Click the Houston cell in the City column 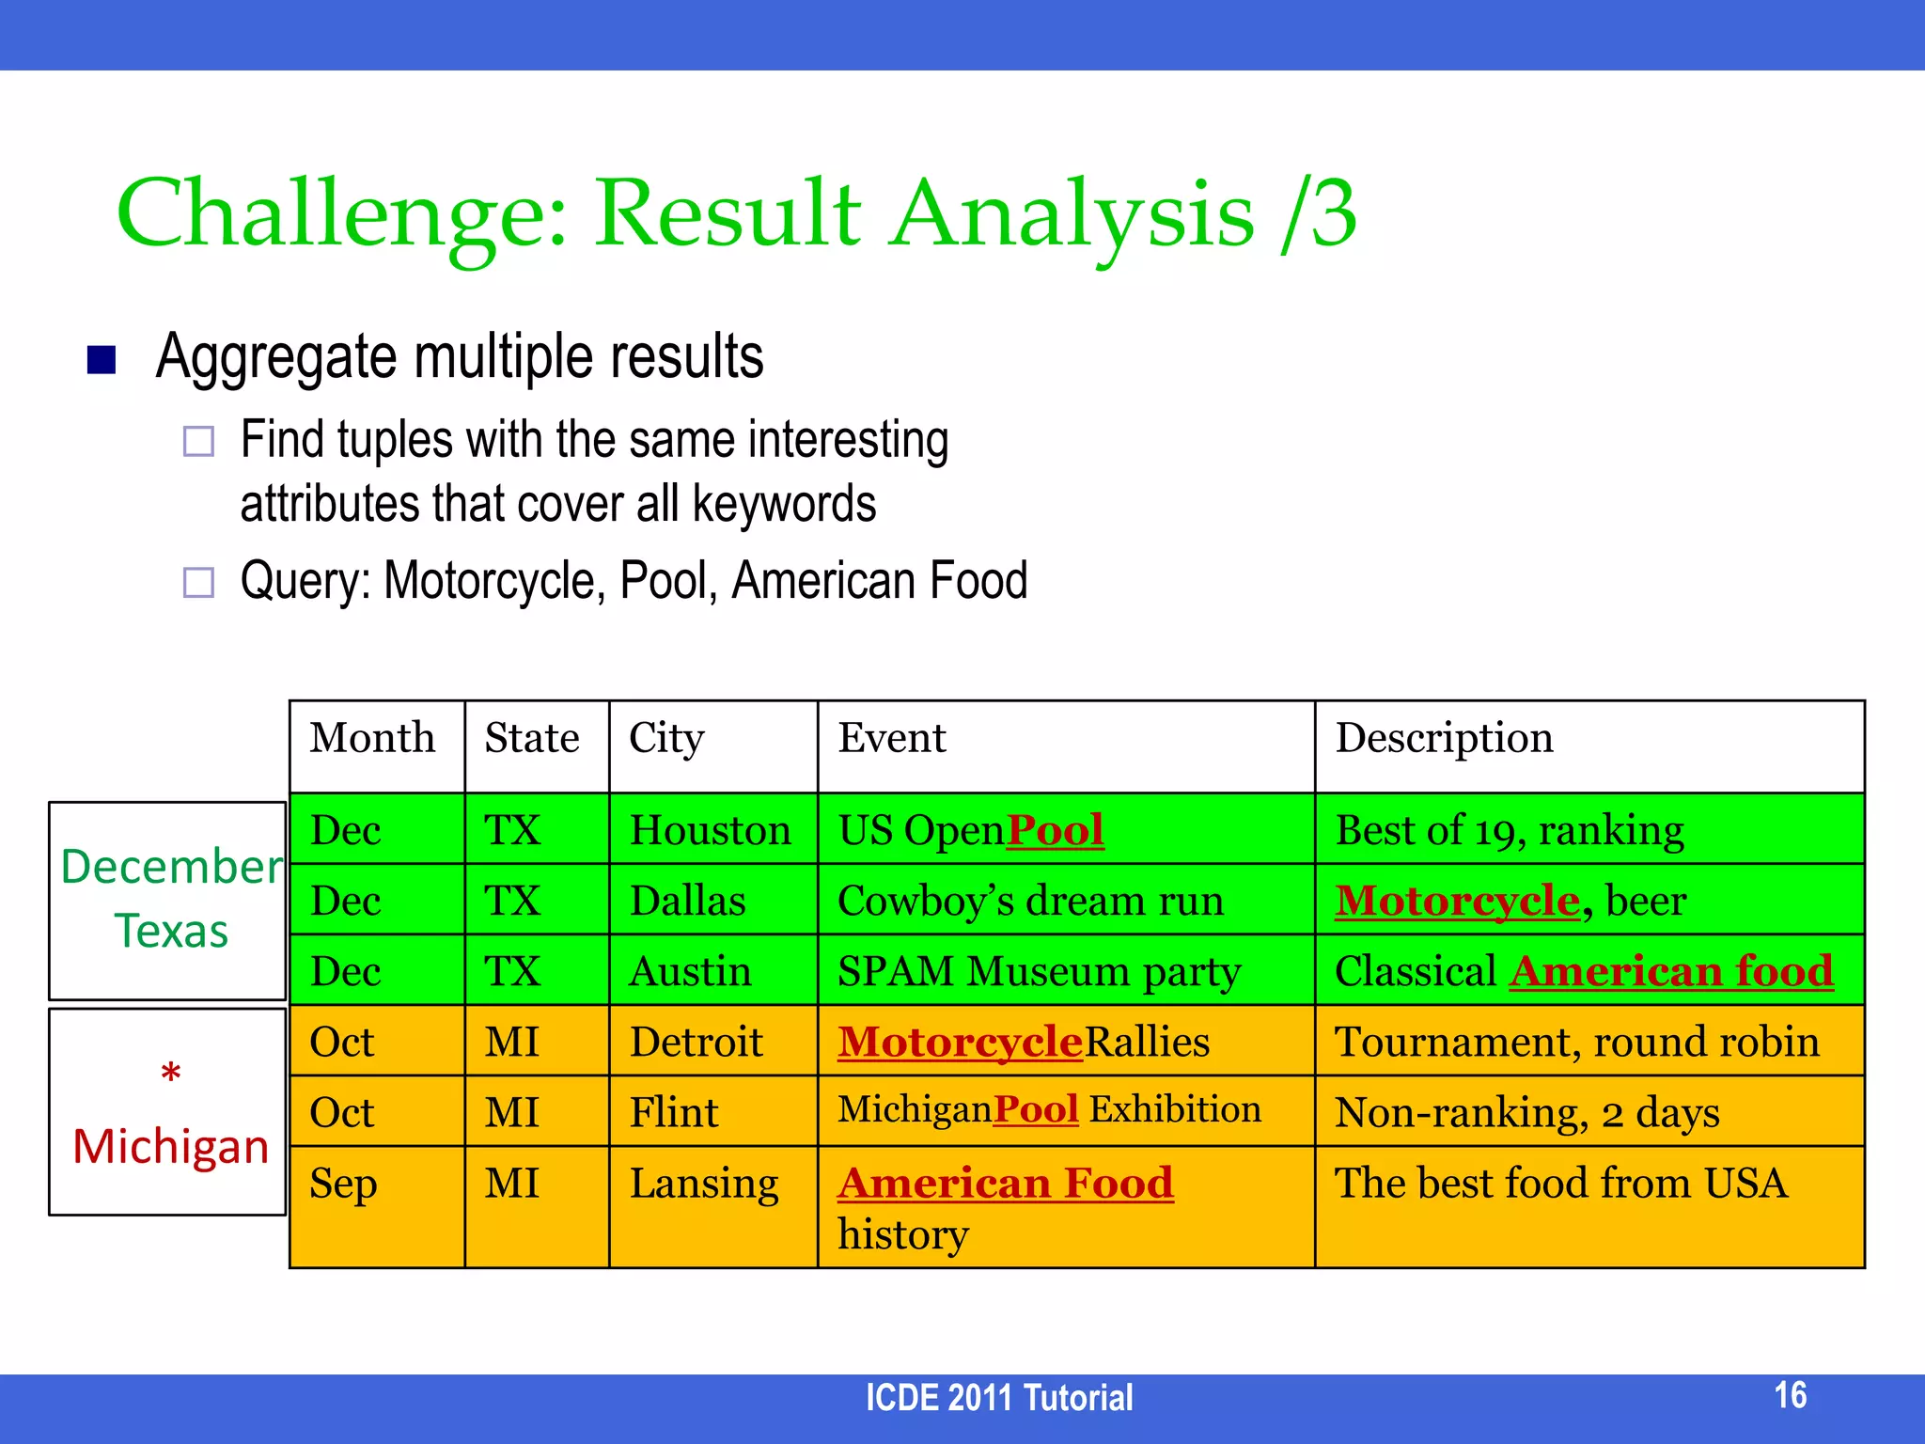(x=711, y=831)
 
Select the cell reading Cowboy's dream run (x=1030, y=902)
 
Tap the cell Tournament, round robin (x=1576, y=1043)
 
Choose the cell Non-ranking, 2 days (x=1526, y=1113)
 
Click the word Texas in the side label (x=171, y=932)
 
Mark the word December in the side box (x=171, y=867)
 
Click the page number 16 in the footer (x=1790, y=1395)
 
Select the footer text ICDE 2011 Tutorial (x=998, y=1398)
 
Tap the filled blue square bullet (x=102, y=360)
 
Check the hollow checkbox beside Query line (x=198, y=582)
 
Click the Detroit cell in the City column (x=696, y=1043)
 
